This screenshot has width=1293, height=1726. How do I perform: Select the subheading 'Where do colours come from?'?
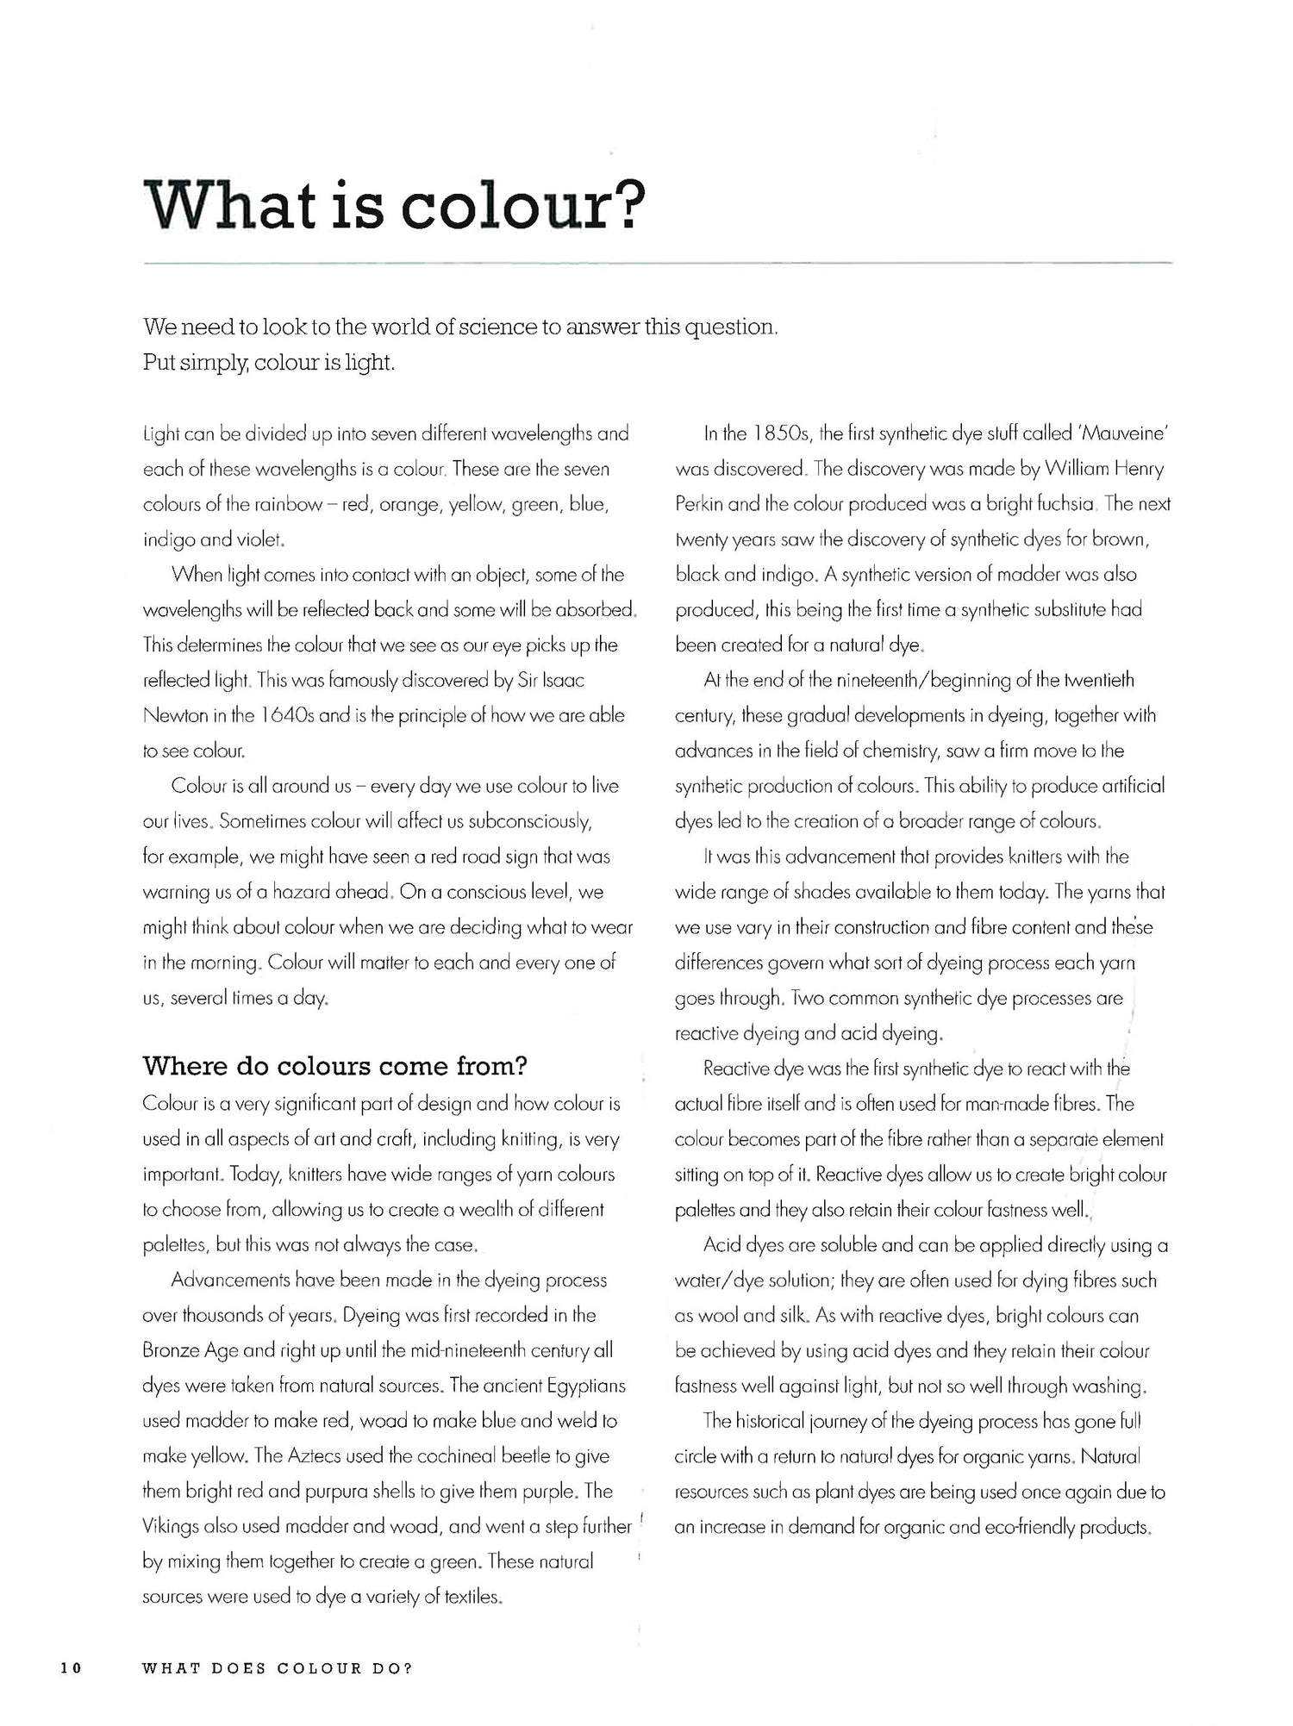334,1067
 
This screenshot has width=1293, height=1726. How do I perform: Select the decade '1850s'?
781,433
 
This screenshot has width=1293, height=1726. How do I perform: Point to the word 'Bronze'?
171,1350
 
